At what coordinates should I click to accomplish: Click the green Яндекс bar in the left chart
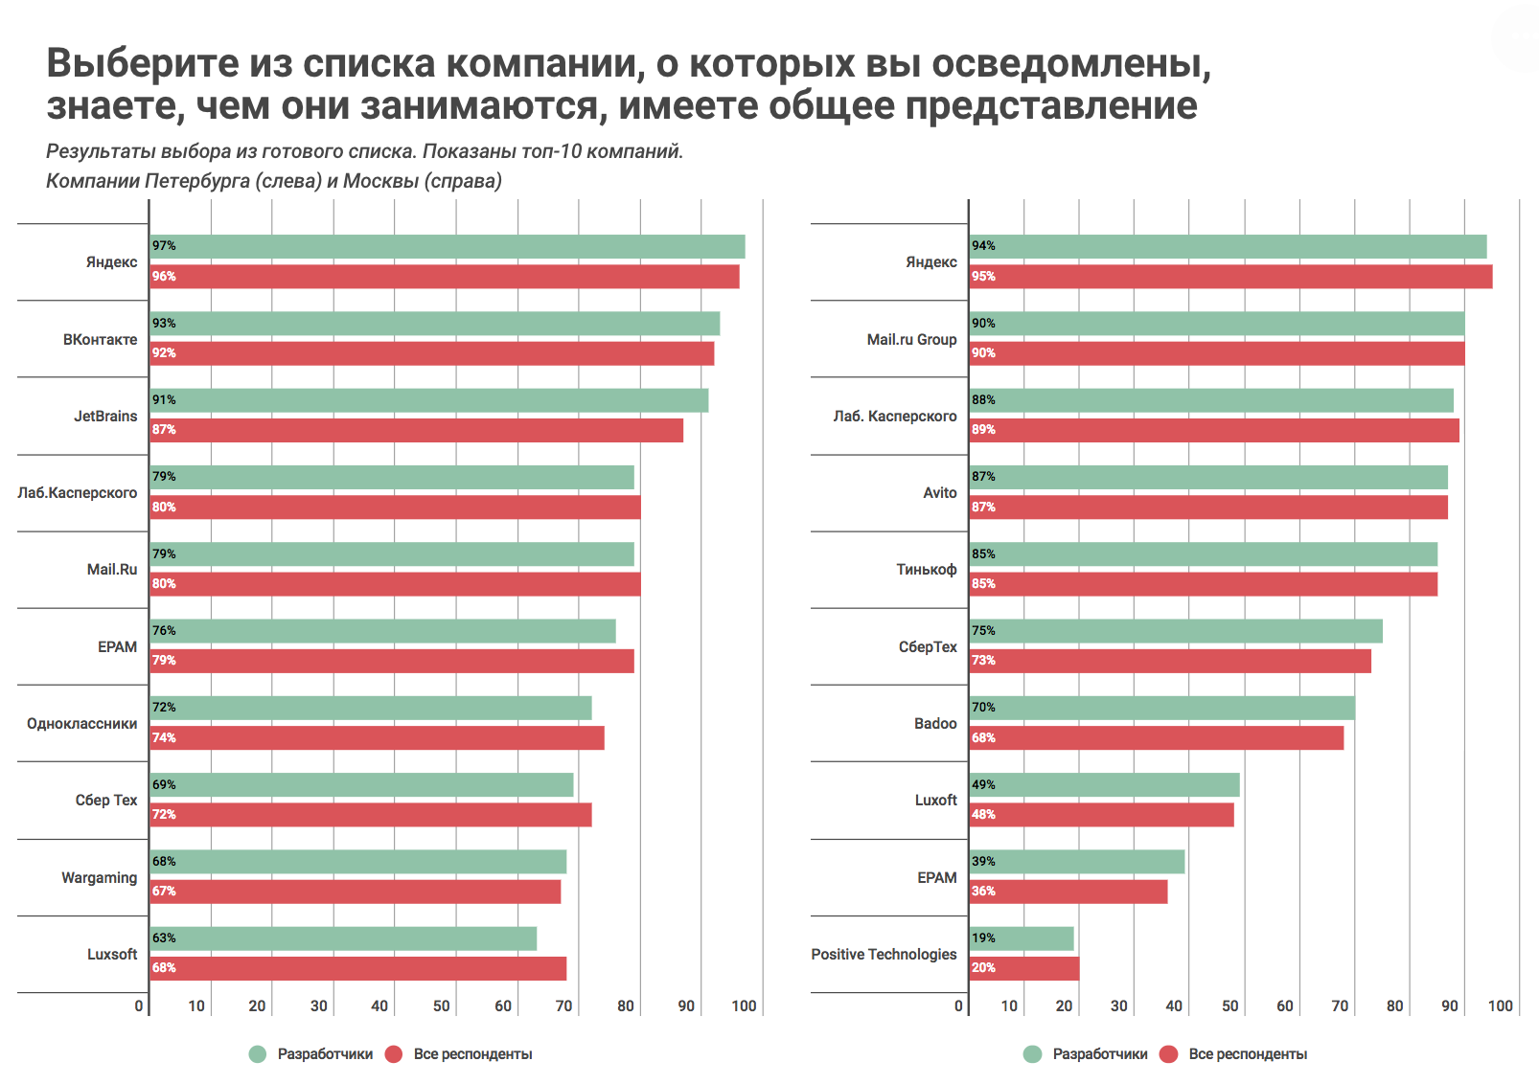pyautogui.click(x=448, y=247)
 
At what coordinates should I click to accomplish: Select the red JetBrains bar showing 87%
pyautogui.click(x=417, y=430)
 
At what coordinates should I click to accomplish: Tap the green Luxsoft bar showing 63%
pyautogui.click(x=343, y=938)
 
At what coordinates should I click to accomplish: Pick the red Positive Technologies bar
pyautogui.click(x=1024, y=968)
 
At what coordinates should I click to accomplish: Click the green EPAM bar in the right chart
pyautogui.click(x=1077, y=862)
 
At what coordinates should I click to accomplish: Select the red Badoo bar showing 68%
pyautogui.click(x=1157, y=738)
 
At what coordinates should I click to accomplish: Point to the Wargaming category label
pyautogui.click(x=99, y=877)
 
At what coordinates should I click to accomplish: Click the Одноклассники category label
pyautogui.click(x=81, y=724)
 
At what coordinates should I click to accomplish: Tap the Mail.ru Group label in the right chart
pyautogui.click(x=911, y=340)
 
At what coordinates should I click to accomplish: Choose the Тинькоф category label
pyautogui.click(x=926, y=570)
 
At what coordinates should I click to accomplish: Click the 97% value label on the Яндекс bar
pyautogui.click(x=164, y=246)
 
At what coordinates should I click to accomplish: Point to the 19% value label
pyautogui.click(x=983, y=938)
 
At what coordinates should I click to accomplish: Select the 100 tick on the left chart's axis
pyautogui.click(x=744, y=1005)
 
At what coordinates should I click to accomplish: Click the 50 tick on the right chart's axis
pyautogui.click(x=1229, y=1005)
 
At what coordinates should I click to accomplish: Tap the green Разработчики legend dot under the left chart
pyautogui.click(x=257, y=1054)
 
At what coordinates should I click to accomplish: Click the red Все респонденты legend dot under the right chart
pyautogui.click(x=1168, y=1054)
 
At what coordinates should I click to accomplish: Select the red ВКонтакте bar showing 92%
pyautogui.click(x=432, y=353)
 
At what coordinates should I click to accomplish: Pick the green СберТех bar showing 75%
pyautogui.click(x=1176, y=631)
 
